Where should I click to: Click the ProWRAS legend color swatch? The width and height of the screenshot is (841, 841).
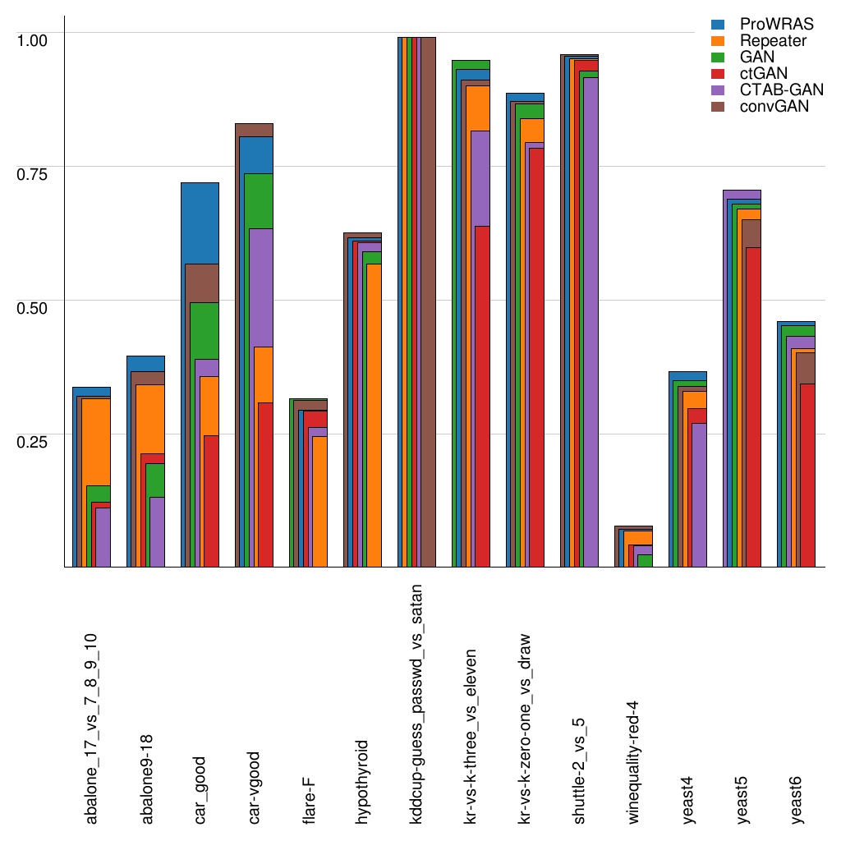tap(717, 25)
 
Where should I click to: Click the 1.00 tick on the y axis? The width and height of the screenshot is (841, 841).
tap(33, 39)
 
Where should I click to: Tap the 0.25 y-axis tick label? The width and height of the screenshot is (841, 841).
tap(33, 440)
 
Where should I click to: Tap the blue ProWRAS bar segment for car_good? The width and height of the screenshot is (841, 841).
tap(200, 222)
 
